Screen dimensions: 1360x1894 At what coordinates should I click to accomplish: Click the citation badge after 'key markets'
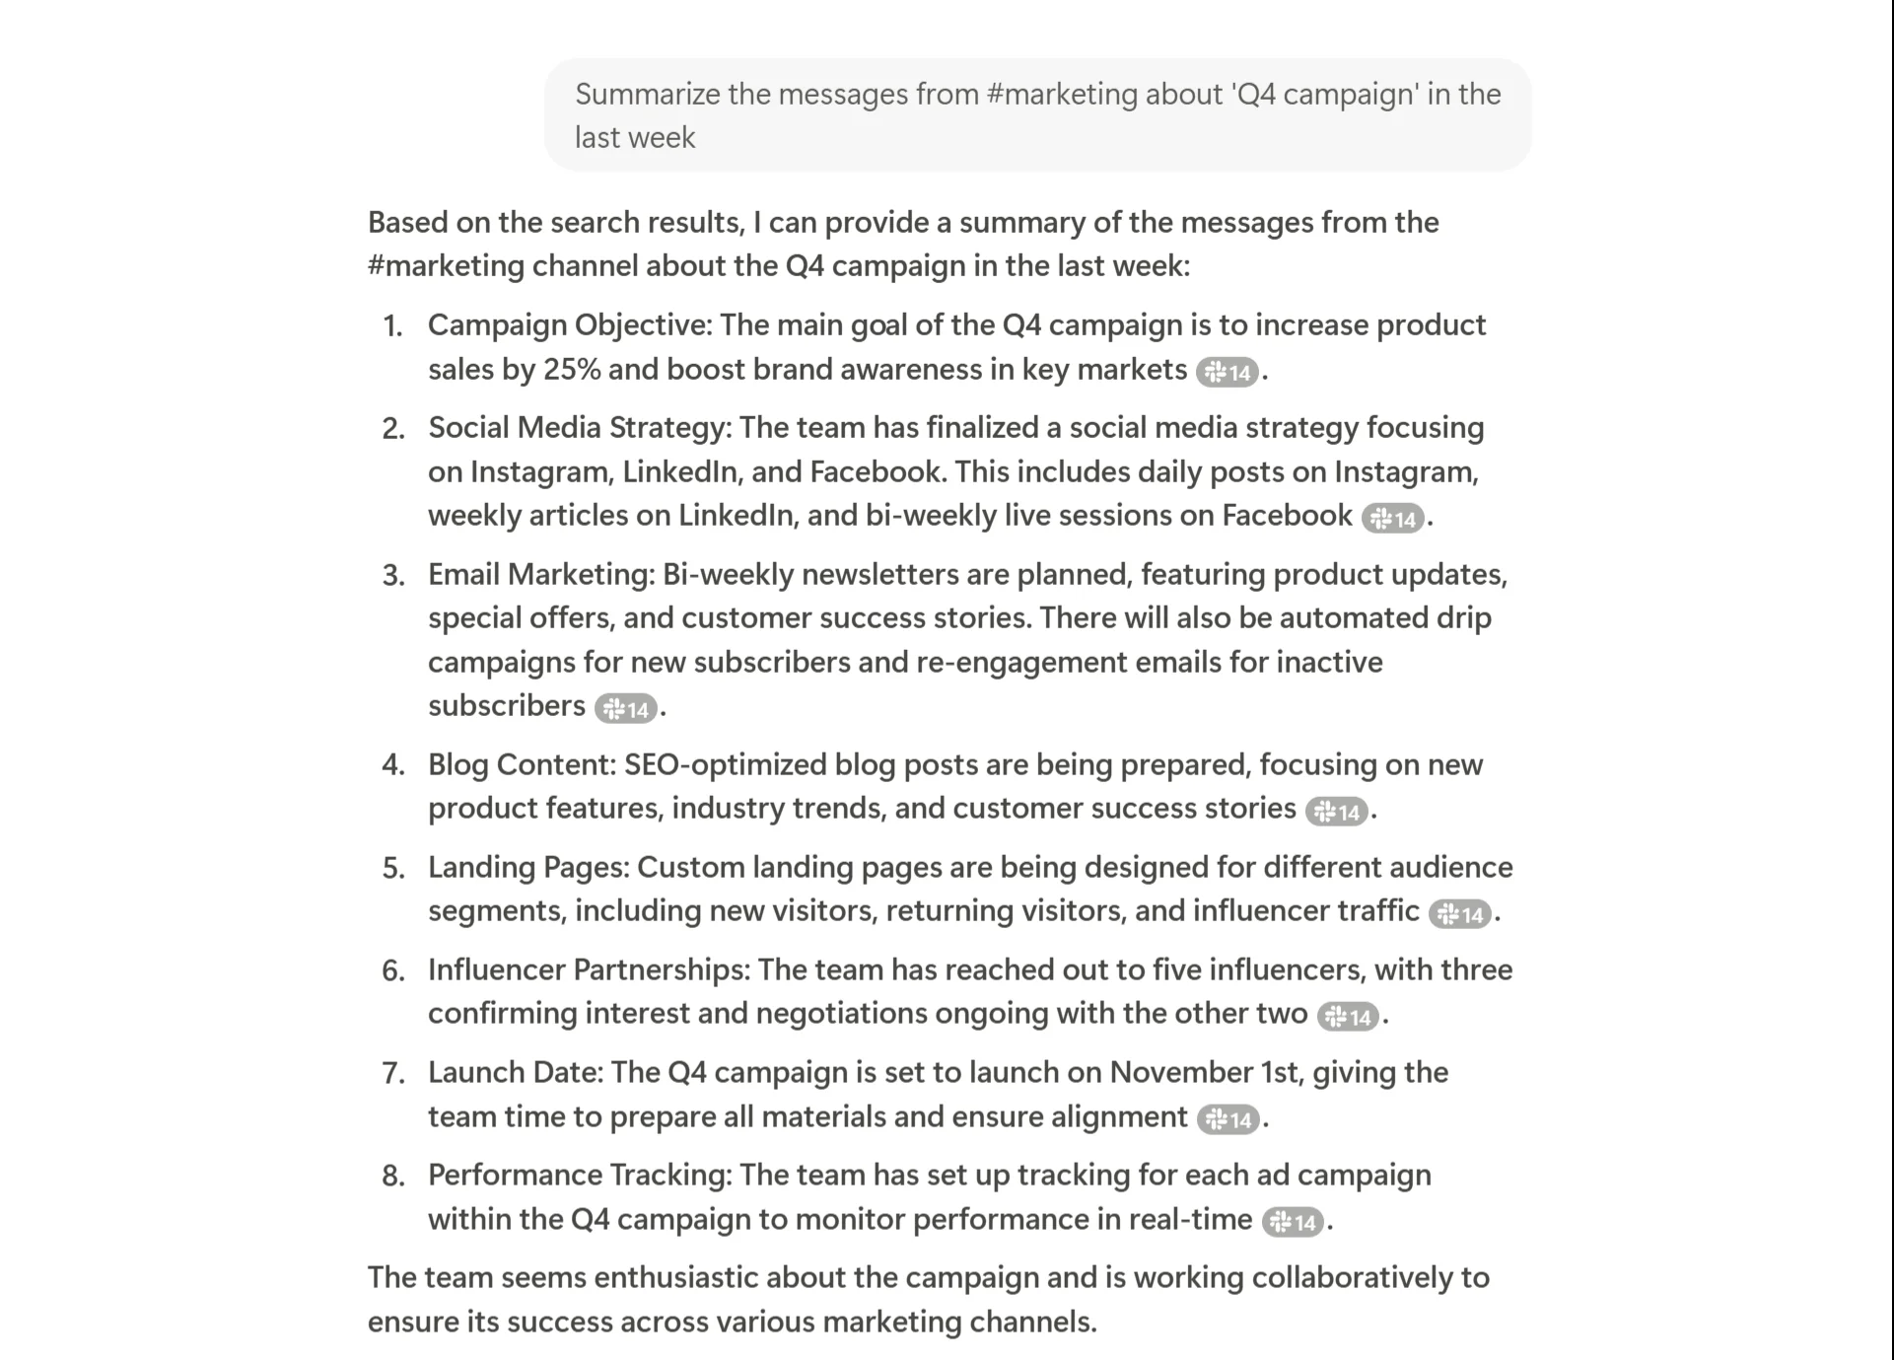[1227, 372]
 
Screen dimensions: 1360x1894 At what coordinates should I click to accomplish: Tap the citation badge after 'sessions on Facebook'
[1392, 518]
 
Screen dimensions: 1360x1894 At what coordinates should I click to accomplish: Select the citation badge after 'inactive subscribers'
[625, 708]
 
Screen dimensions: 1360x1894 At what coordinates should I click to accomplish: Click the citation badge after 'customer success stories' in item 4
[1336, 811]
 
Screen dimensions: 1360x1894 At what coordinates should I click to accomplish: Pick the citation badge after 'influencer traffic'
[1459, 913]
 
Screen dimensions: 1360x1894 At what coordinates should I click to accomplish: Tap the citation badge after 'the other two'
[1348, 1016]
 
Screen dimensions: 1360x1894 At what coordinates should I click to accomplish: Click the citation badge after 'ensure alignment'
[1228, 1118]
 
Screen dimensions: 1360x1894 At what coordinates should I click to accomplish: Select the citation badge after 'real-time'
[1293, 1222]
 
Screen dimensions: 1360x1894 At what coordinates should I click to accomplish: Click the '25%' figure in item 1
[571, 369]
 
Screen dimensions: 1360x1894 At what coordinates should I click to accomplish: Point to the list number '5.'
[393, 868]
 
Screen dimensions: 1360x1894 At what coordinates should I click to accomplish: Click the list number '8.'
[393, 1176]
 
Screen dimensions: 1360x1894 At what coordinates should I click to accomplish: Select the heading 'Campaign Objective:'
[569, 325]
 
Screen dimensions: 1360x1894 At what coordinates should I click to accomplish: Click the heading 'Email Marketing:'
[541, 574]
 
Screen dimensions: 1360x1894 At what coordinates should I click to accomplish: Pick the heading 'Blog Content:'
[522, 764]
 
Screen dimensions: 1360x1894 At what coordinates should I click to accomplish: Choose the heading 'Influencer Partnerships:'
[589, 969]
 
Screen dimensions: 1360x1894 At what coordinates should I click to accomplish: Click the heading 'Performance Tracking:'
[580, 1175]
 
